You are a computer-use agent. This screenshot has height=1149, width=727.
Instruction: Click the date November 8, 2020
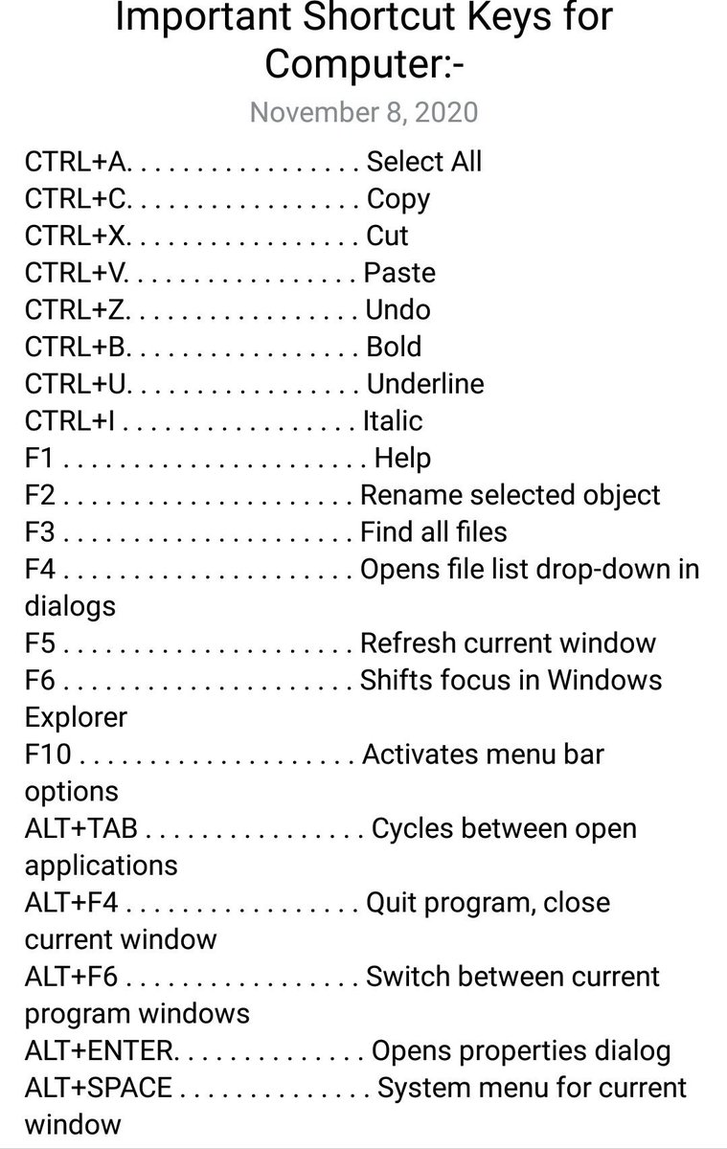coord(364,112)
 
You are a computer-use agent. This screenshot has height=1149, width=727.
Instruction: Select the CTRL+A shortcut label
coord(76,162)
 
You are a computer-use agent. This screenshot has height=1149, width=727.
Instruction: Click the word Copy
coord(398,199)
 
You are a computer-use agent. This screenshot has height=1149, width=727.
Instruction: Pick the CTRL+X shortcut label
coord(75,236)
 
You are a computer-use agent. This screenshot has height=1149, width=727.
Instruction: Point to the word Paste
coord(399,273)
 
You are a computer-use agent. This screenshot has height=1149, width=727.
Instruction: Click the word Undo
coord(398,310)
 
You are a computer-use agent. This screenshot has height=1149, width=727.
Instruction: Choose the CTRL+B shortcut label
coord(76,347)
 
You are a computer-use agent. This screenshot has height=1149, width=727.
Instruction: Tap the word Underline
coord(425,384)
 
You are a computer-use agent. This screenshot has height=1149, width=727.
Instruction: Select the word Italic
coord(393,420)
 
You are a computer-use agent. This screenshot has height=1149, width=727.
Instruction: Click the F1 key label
coord(38,458)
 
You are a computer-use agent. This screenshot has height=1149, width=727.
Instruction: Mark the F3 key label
coord(39,532)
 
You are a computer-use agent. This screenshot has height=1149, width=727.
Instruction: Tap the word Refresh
coord(408,642)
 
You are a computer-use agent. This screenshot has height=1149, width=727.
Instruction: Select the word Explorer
coord(76,717)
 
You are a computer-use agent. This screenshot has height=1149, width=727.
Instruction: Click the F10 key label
coord(48,755)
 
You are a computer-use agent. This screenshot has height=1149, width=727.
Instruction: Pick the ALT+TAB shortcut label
coord(81,828)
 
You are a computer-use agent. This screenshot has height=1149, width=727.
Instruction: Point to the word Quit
coord(392,903)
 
